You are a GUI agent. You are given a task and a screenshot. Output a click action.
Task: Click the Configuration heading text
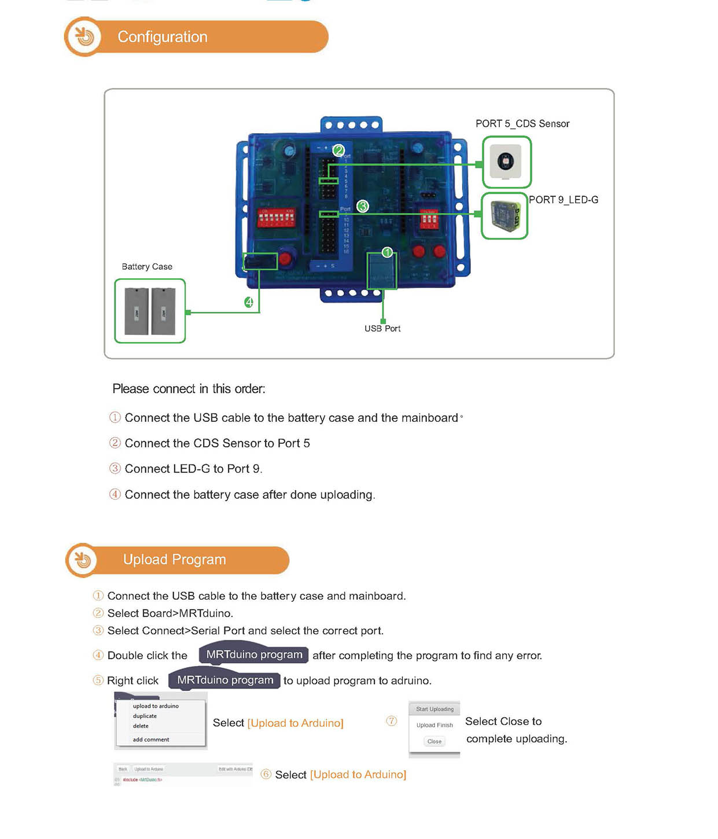(163, 37)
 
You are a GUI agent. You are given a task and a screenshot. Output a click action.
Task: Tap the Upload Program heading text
(174, 560)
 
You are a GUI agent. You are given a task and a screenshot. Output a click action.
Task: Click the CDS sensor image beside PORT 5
(506, 161)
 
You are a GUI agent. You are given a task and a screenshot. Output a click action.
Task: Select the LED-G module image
(505, 216)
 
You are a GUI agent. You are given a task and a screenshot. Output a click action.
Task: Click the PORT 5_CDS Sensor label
(522, 124)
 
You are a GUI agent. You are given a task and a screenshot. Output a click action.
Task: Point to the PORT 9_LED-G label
(564, 200)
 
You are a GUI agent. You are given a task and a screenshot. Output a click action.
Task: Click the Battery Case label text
(147, 267)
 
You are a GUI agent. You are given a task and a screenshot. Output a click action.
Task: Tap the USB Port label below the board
(382, 329)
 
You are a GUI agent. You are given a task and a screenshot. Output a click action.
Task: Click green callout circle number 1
(387, 252)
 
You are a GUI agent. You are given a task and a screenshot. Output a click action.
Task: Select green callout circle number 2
(338, 150)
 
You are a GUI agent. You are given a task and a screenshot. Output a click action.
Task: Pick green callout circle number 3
(363, 206)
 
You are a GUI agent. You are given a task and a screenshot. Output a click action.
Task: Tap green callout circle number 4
(249, 302)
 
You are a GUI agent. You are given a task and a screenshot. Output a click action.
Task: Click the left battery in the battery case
(137, 311)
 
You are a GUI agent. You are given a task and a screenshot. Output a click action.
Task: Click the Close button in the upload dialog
(435, 741)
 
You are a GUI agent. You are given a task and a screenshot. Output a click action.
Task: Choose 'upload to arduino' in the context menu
(156, 706)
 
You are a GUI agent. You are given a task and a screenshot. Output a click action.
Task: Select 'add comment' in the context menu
(151, 739)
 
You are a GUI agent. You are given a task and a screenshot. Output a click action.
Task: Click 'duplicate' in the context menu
(145, 716)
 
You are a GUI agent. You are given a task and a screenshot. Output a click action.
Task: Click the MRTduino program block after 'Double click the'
(254, 654)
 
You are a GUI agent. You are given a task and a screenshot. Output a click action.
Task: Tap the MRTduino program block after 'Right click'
(225, 680)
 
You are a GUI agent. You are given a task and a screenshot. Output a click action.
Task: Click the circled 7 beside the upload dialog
(392, 721)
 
